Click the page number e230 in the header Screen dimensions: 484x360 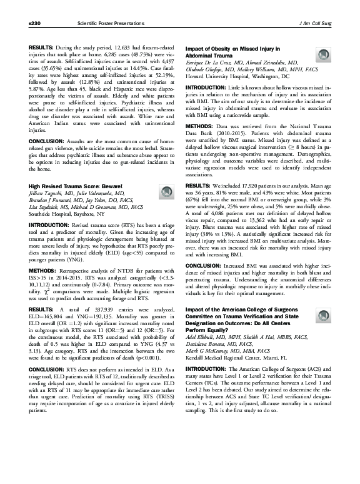(x=26, y=22)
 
